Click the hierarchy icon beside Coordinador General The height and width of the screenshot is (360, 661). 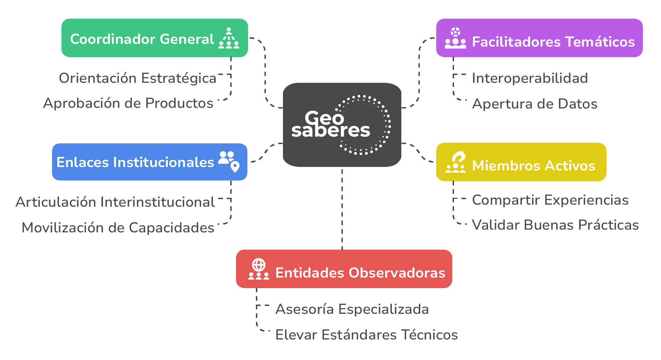[x=229, y=38]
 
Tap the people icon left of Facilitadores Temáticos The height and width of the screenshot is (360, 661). [x=455, y=38]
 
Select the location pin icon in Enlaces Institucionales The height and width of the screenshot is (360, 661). [x=235, y=167]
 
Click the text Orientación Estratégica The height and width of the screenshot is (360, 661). [x=138, y=78]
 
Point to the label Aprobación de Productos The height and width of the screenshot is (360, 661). [x=128, y=103]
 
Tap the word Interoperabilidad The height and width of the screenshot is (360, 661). [x=530, y=78]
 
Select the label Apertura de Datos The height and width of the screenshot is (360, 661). [x=534, y=104]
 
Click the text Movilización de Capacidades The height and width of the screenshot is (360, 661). [x=118, y=228]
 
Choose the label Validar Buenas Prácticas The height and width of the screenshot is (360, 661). [x=555, y=225]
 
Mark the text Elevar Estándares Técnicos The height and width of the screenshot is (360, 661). [x=366, y=335]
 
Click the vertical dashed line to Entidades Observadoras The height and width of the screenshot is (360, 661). [x=342, y=209]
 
